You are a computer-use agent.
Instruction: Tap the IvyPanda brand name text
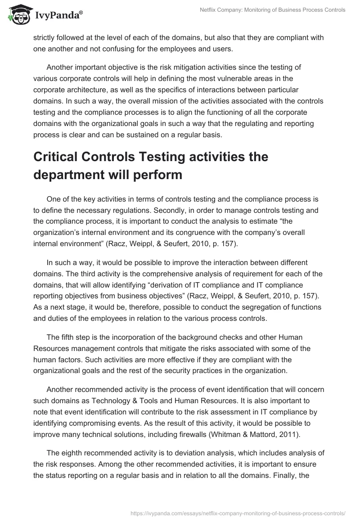57,15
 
